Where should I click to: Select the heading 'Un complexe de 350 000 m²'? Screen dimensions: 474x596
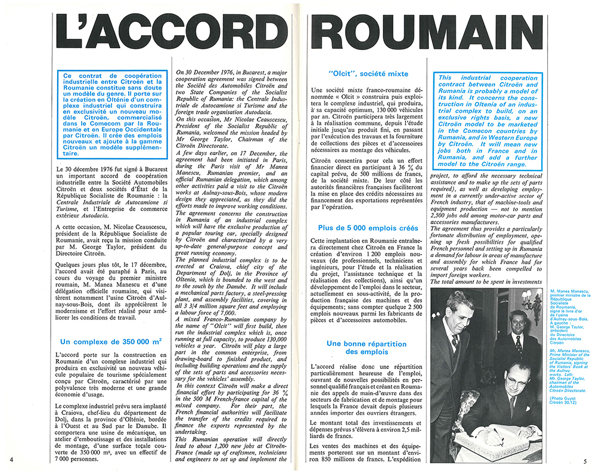tap(112, 341)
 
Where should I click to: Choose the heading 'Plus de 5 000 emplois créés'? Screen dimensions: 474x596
tap(368, 228)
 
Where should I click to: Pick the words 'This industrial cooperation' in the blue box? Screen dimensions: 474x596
tap(488, 78)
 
